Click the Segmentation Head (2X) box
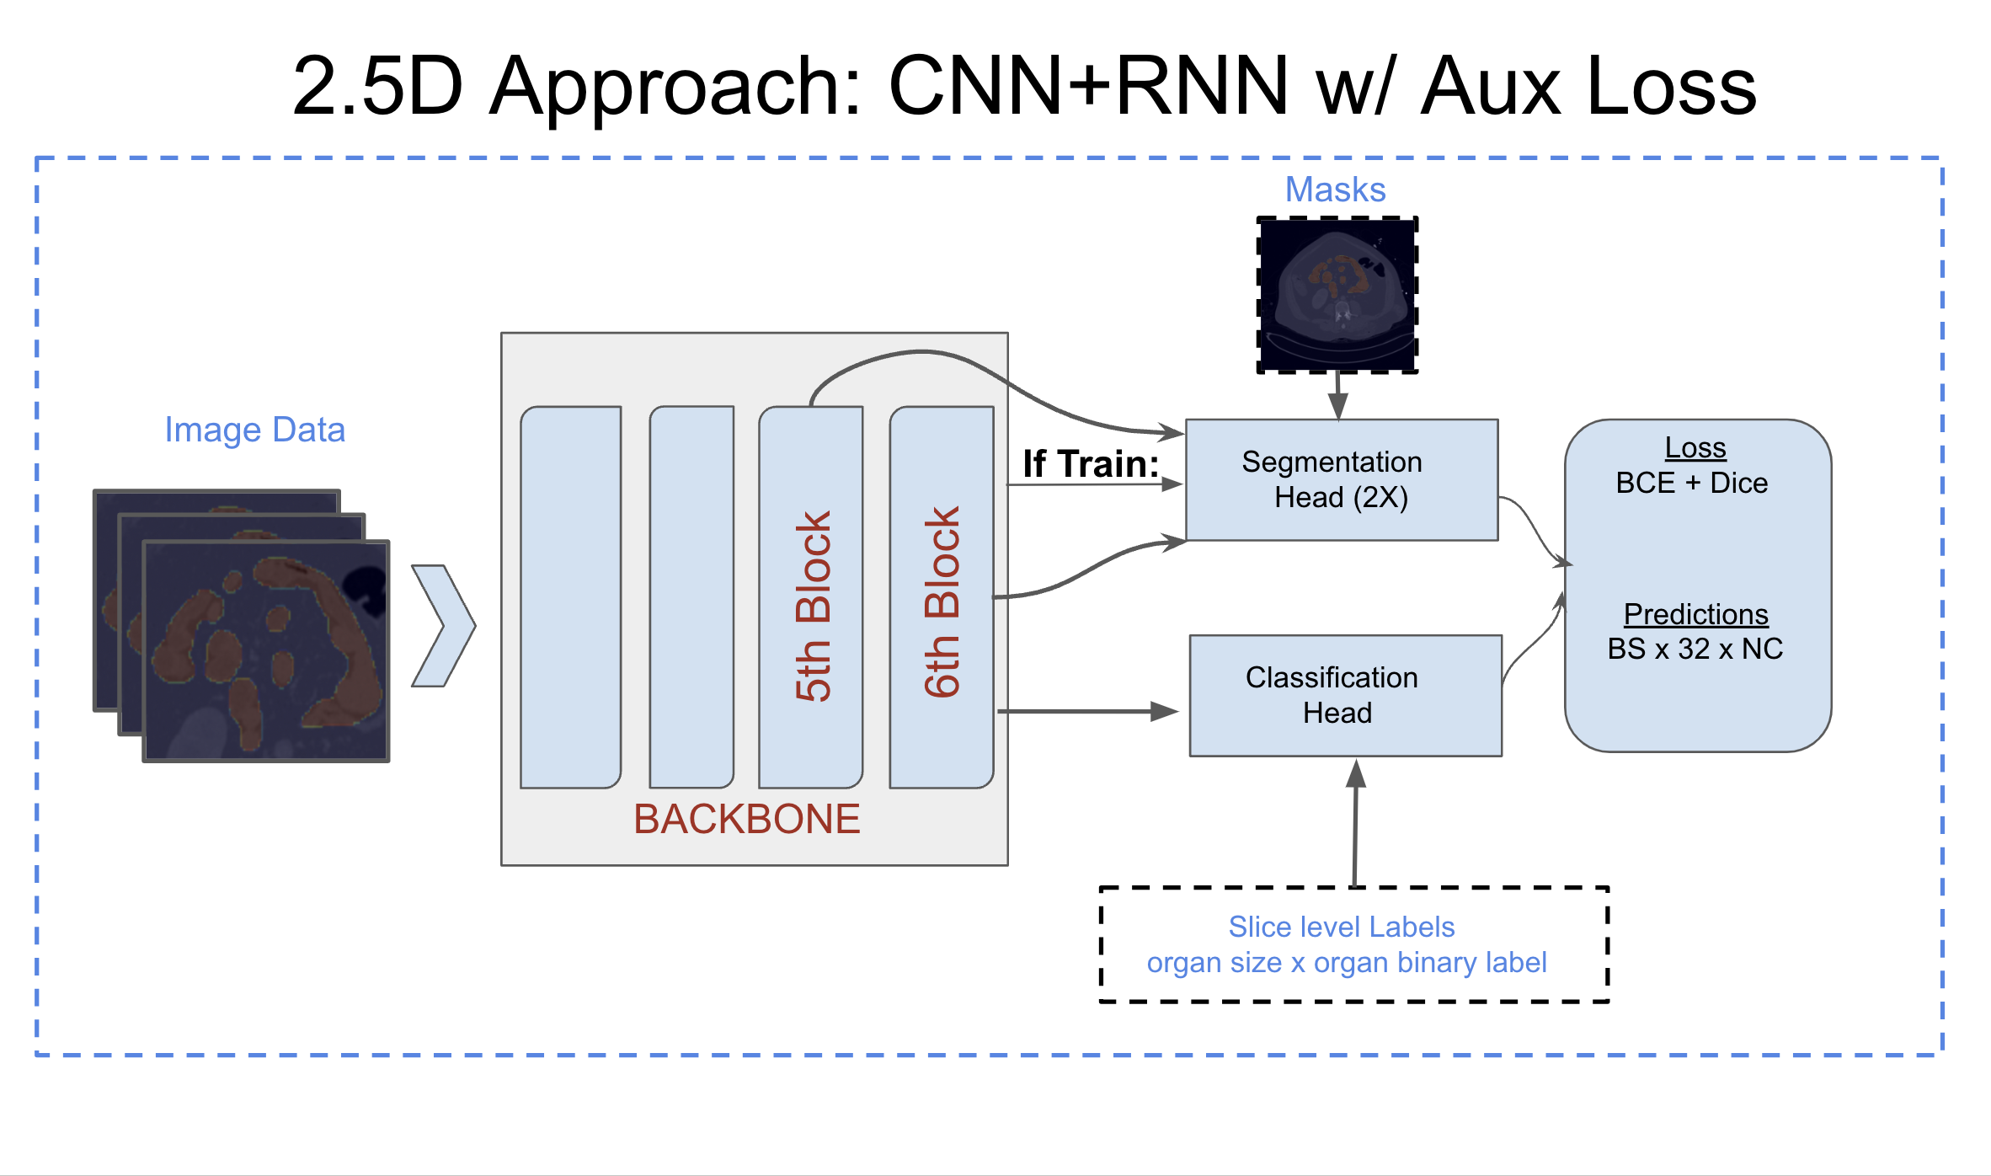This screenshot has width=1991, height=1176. coord(1341,479)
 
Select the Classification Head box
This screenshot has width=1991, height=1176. coord(1344,695)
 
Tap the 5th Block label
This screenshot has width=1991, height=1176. coord(813,606)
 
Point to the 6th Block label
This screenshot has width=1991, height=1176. coord(942,601)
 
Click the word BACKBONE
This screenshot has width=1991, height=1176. coord(746,819)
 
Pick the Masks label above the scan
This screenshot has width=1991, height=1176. coord(1335,190)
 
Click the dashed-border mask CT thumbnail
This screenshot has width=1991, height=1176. coord(1337,295)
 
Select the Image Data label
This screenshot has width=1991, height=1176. coord(254,430)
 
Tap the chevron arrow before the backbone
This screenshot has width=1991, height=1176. coord(443,625)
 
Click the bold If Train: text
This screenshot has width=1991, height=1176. coord(1090,463)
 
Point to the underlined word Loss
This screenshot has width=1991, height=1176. coord(1695,447)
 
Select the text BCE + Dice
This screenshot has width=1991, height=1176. coord(1691,483)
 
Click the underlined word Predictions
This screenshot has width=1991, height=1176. coord(1695,614)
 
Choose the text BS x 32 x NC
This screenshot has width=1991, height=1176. coord(1695,649)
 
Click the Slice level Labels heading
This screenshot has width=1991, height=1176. coord(1341,927)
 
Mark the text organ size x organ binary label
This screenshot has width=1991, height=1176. coord(1346,962)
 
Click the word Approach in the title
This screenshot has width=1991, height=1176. coord(675,87)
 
